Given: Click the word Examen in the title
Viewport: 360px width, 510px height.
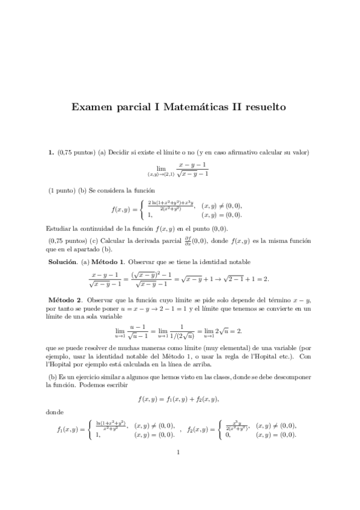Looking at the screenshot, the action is (91, 108).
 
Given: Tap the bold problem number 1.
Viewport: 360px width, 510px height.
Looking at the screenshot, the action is (51, 153).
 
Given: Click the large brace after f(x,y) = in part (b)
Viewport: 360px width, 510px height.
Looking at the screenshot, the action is (141, 209).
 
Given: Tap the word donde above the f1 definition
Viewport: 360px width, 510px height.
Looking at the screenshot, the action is (54, 412).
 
